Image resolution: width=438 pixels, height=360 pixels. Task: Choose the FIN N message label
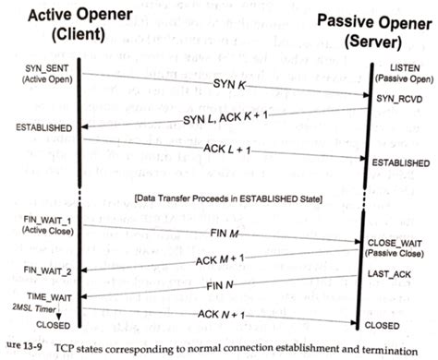[225, 285]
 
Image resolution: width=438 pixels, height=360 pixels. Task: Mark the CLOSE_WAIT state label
[401, 241]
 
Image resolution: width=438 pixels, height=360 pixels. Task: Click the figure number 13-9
[24, 349]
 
